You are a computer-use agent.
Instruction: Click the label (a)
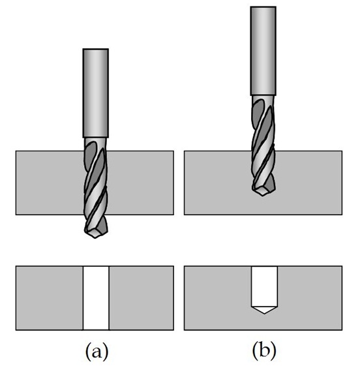coord(97,352)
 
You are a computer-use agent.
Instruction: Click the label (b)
coord(264,352)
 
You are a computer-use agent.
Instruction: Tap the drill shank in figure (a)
coord(95,93)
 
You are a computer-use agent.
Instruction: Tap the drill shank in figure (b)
coord(263,51)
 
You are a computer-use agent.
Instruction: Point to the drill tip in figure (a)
coord(95,238)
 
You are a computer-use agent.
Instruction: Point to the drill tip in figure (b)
coord(262,196)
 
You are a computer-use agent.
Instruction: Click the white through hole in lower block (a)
coord(96,298)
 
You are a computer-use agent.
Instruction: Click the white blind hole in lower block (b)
coord(264,290)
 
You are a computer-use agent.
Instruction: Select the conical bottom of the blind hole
coord(264,310)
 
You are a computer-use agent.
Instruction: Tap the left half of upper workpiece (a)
coord(50,183)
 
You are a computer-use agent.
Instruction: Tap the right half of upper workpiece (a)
coord(140,183)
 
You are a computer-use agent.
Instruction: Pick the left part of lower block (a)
coord(50,298)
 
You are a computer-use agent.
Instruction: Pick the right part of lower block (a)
coord(141,298)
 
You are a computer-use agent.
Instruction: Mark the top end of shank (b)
coord(263,7)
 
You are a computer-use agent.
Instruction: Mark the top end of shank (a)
coord(95,49)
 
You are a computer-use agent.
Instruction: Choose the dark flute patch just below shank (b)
coord(258,111)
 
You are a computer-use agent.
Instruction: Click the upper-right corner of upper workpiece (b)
coord(342,151)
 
